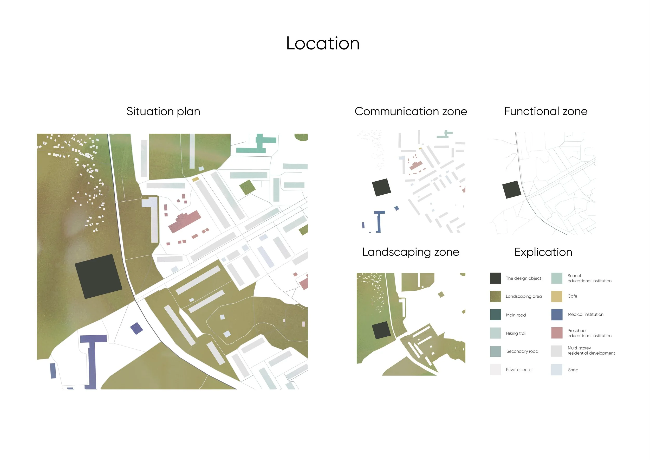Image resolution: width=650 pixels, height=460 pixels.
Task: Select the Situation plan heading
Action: pos(163,111)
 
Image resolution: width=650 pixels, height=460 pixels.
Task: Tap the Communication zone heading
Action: pos(411,111)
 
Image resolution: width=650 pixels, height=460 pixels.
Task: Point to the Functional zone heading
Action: pos(545,111)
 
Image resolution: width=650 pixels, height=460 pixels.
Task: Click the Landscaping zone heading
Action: pos(411,252)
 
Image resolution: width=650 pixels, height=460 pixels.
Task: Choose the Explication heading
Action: pos(543,252)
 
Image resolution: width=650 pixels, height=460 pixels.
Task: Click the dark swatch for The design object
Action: pos(495,278)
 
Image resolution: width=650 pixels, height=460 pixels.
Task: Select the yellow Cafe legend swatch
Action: pos(557,296)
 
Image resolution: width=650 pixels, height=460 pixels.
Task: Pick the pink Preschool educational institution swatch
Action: pos(557,333)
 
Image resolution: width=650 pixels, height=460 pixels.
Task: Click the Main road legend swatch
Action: pos(495,315)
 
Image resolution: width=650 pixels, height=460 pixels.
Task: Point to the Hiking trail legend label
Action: pos(516,333)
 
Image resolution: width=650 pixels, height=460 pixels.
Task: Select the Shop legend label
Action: pos(573,370)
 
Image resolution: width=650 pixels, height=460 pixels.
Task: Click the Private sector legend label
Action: pos(519,370)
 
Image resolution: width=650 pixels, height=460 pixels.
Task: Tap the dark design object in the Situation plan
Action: pos(98,277)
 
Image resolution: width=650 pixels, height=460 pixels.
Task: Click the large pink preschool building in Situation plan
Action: pos(185,221)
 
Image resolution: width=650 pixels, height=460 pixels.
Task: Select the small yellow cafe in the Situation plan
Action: pos(195,179)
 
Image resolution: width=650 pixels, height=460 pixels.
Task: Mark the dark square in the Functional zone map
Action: pos(512,189)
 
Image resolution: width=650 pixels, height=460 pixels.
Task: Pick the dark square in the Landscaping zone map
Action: pos(381,330)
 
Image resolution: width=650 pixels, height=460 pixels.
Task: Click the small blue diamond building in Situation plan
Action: pos(136,328)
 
